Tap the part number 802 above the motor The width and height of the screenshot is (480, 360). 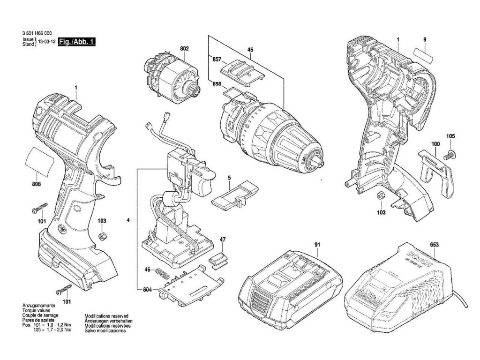[184, 48]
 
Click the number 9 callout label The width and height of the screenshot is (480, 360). [424, 40]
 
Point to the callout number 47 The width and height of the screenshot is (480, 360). [223, 240]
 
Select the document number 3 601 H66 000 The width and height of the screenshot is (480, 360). [37, 33]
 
